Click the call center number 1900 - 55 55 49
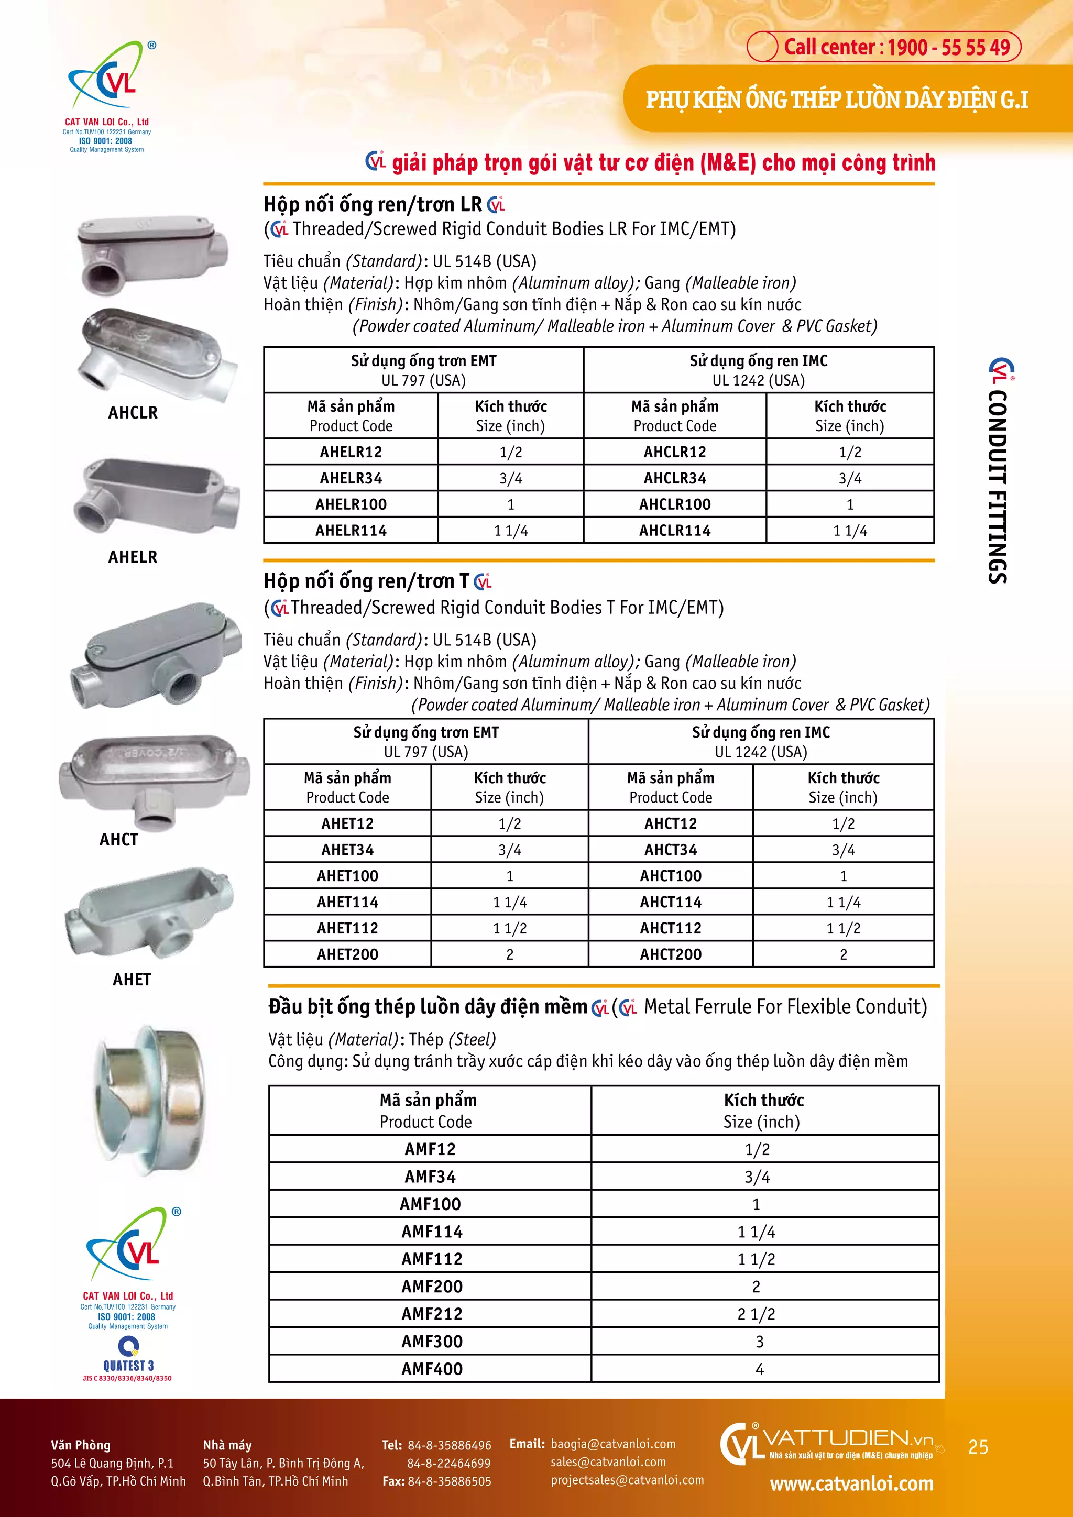[896, 47]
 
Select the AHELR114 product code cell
[351, 531]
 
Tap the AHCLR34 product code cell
[675, 478]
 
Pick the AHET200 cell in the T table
[347, 954]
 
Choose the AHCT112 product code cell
[671, 928]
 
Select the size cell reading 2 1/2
[756, 1314]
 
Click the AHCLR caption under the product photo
[133, 413]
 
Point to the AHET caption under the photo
[132, 980]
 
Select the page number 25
[978, 1447]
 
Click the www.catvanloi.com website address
[852, 1484]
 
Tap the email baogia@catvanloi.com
[612, 1444]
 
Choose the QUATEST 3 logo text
[128, 1366]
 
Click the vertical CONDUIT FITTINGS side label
[998, 486]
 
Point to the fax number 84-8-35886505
[450, 1481]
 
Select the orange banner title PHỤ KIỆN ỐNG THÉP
[837, 100]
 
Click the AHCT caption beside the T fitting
[119, 840]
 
